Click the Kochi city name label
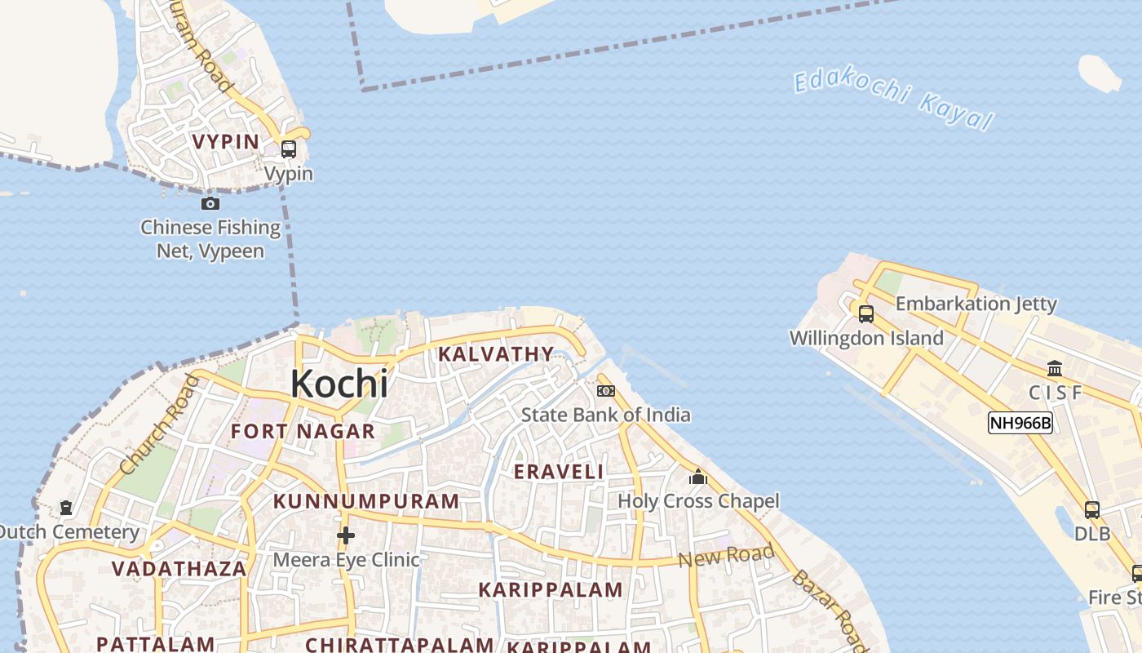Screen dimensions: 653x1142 (339, 384)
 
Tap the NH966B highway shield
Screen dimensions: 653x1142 (1020, 423)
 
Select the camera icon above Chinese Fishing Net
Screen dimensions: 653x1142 (210, 203)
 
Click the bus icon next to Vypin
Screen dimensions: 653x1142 (288, 149)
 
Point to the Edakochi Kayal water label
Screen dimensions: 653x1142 (894, 100)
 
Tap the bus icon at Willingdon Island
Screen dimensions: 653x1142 (866, 313)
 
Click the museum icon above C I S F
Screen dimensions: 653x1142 (1055, 368)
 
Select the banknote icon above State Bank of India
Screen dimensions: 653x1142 (605, 391)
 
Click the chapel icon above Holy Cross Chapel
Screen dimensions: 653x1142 (698, 476)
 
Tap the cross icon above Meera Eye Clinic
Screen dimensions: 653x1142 (346, 535)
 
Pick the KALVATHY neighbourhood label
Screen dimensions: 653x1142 (496, 354)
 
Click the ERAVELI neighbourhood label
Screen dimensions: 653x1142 (559, 472)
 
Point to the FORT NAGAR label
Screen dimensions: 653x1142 (303, 431)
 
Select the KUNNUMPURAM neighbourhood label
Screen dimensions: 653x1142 (366, 501)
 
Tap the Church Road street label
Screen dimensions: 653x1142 (159, 424)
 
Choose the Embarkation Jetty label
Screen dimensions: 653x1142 (976, 304)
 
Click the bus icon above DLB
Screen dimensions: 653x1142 (1092, 510)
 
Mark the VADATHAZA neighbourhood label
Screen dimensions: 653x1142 (179, 569)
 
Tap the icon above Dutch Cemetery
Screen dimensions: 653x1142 (66, 508)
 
